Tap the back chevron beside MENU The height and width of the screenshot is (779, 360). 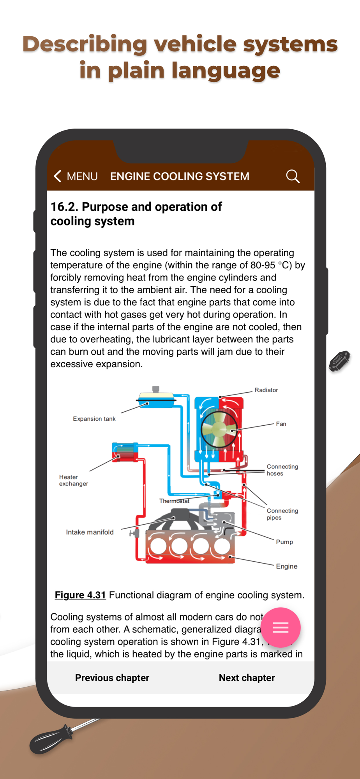point(58,176)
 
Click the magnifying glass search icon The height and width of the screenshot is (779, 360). point(293,176)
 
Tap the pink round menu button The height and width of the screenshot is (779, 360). point(281,627)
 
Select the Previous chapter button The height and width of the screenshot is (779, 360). point(112,678)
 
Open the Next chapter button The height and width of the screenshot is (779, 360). point(247,678)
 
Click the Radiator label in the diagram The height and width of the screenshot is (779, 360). point(266,390)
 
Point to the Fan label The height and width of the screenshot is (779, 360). point(281,424)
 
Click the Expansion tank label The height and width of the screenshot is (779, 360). point(94,419)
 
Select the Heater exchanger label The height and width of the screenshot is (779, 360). point(73,480)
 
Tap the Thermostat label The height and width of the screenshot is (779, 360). point(174,501)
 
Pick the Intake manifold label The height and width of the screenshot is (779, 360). point(90,532)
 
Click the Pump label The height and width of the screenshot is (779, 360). point(284,542)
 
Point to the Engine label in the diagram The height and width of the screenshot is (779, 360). point(286,566)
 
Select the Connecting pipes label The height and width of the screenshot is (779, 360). point(282,514)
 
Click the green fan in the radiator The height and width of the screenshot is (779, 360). point(219,429)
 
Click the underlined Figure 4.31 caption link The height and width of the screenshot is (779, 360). point(80,595)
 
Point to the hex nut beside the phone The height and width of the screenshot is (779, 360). point(339,361)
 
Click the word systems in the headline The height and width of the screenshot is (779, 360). point(290,44)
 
